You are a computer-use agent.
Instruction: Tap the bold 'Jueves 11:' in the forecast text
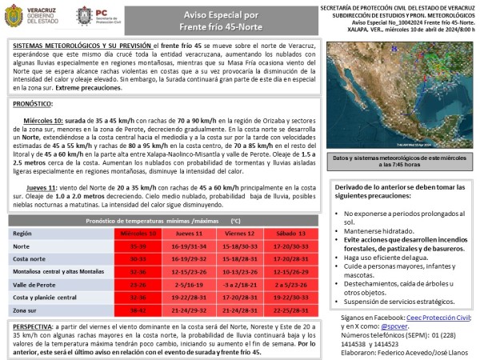[42, 186]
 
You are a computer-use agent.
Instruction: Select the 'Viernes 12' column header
[238, 233]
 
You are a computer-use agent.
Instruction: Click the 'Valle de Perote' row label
[36, 285]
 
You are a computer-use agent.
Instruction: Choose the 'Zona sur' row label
[28, 308]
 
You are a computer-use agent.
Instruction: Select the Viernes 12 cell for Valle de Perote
[238, 285]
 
